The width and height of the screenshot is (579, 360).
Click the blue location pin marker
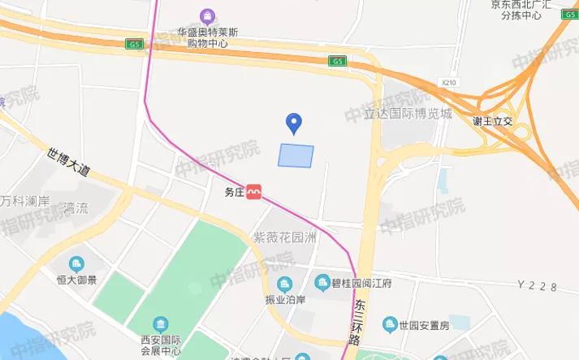click(296, 124)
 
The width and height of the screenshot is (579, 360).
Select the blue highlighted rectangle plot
click(296, 154)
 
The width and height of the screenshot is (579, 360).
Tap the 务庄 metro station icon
click(254, 192)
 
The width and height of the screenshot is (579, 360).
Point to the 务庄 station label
click(234, 193)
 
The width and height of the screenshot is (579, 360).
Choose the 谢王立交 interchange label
click(493, 121)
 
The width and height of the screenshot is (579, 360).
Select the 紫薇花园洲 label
click(283, 237)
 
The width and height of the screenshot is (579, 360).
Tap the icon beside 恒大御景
click(76, 263)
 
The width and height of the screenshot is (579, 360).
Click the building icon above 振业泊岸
click(284, 284)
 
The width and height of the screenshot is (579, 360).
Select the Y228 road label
click(538, 284)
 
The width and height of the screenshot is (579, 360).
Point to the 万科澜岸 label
click(25, 201)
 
